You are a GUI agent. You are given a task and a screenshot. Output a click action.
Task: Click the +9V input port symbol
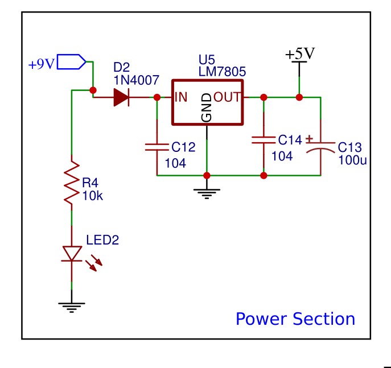click(72, 61)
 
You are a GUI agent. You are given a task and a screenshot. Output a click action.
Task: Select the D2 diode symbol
click(121, 97)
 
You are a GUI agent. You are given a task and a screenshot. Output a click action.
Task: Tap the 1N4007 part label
click(136, 80)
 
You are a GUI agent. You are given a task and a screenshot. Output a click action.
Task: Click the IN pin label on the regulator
click(181, 97)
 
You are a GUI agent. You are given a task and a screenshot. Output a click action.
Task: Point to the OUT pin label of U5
click(228, 97)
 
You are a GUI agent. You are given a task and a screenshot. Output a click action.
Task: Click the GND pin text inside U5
click(207, 107)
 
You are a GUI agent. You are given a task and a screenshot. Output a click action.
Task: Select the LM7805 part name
click(222, 72)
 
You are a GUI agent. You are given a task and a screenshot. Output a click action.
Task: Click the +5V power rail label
click(300, 54)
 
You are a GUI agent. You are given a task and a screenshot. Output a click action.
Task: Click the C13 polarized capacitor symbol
click(320, 147)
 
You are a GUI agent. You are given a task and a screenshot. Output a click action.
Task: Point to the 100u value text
click(352, 160)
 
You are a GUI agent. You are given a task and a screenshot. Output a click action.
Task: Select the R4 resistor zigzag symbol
click(72, 183)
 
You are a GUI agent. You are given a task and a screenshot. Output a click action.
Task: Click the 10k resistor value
click(92, 196)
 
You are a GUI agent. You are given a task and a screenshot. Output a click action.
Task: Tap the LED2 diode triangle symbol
click(72, 254)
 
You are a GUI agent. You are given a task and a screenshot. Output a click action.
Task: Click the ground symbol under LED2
click(72, 308)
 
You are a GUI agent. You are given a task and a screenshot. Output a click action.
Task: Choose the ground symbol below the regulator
click(207, 193)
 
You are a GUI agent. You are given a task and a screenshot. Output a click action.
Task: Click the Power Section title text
click(295, 319)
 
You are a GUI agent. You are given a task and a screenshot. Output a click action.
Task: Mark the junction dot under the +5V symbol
click(299, 97)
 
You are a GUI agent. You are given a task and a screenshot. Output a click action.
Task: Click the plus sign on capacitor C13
click(309, 138)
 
